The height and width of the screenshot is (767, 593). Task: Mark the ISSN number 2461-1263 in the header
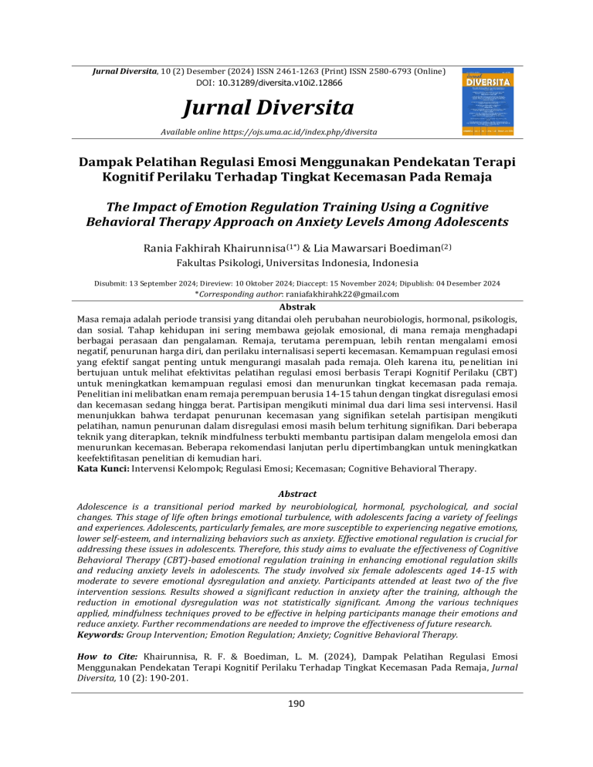coord(283,71)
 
